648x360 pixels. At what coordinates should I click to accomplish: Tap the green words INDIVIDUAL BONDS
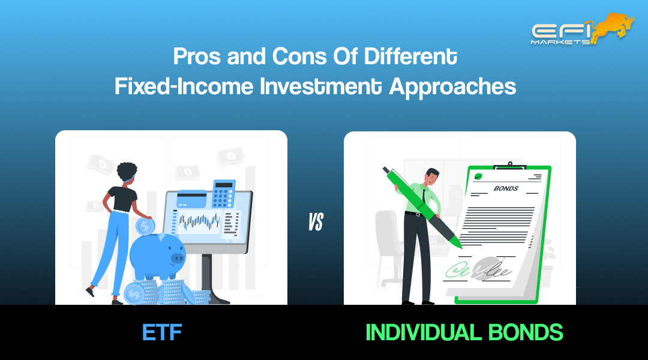464,332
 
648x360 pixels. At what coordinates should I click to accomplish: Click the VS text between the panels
316,223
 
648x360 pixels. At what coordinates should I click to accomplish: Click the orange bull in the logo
612,26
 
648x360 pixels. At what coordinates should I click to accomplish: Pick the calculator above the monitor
224,194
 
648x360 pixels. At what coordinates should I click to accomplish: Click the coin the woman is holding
145,226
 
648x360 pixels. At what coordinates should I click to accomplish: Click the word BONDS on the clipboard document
505,188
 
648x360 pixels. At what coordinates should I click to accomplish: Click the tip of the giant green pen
458,245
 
